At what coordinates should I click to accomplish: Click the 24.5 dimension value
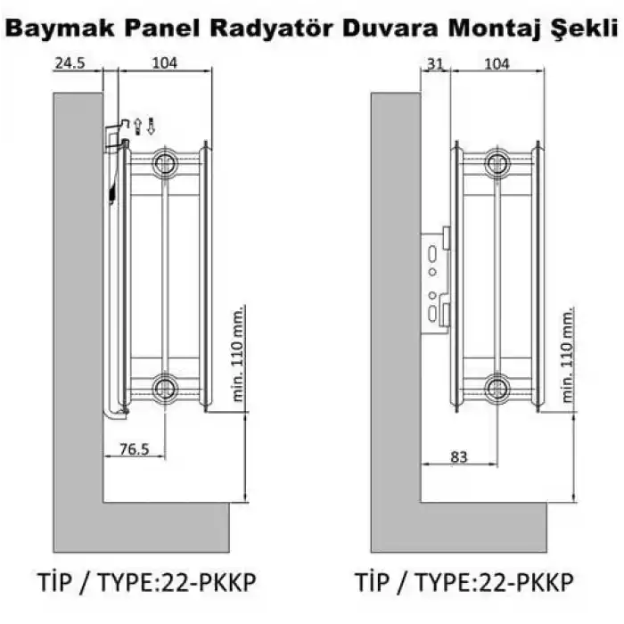(x=68, y=63)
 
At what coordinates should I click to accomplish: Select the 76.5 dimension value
(x=134, y=450)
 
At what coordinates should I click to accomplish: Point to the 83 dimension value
(x=458, y=456)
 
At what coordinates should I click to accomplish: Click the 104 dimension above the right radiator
(x=496, y=63)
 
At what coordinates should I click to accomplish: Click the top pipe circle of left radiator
(x=164, y=162)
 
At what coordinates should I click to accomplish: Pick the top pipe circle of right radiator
(x=496, y=162)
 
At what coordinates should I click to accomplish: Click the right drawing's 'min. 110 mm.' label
(x=569, y=352)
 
